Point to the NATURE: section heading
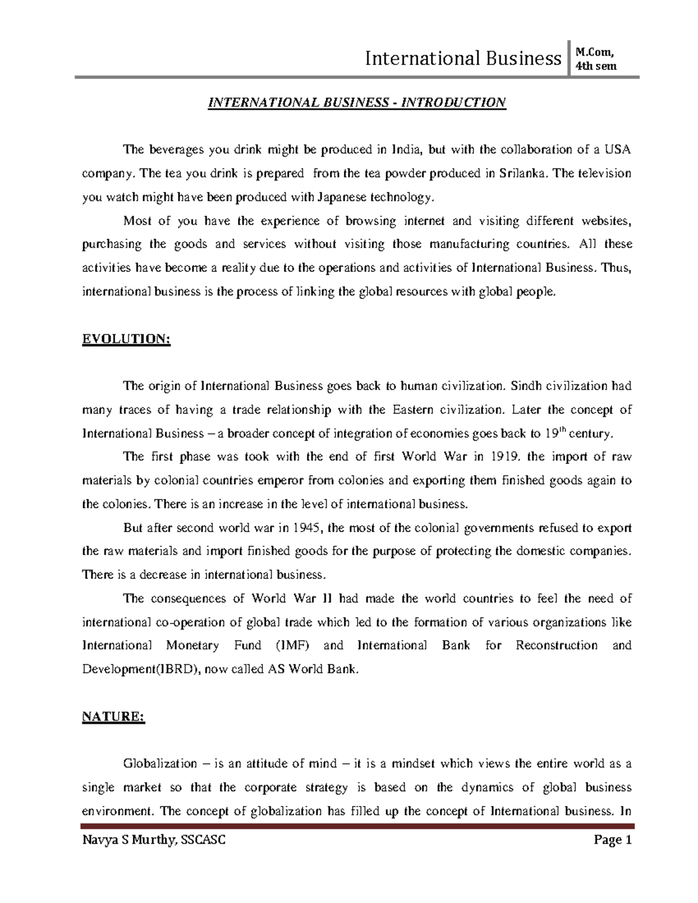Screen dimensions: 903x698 point(113,717)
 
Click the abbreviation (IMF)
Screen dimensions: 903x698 point(290,645)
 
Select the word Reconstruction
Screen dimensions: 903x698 point(557,645)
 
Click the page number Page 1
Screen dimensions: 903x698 point(611,840)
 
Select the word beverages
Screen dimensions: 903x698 point(173,150)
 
